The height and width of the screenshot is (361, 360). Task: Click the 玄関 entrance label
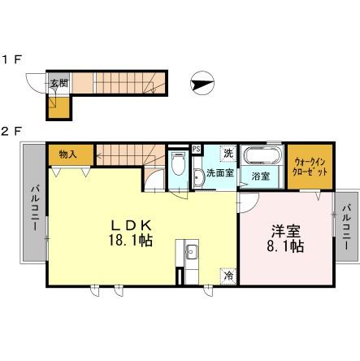[59, 83]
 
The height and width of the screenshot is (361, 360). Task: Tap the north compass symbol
[202, 84]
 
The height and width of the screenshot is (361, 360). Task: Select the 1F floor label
[11, 59]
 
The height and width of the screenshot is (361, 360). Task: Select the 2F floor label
[11, 132]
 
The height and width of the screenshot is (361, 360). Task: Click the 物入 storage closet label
[68, 154]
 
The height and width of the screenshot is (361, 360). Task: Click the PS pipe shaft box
[197, 149]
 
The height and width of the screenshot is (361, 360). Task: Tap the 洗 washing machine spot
[229, 154]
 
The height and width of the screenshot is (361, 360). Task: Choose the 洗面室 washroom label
[220, 173]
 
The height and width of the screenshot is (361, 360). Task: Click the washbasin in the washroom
[198, 178]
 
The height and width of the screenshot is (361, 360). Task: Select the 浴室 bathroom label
[261, 176]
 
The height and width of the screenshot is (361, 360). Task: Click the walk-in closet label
[310, 167]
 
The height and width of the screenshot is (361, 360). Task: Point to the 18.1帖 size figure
[131, 240]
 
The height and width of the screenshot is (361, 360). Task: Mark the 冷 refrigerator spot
[229, 276]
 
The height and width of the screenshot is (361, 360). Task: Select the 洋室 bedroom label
[285, 232]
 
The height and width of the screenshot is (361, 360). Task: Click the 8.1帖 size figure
[285, 246]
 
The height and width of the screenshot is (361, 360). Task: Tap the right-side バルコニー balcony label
[346, 228]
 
